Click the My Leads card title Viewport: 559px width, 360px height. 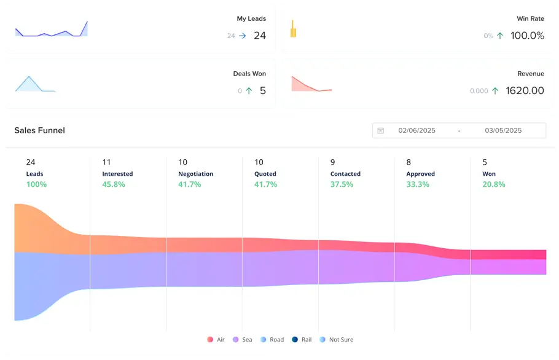pos(251,19)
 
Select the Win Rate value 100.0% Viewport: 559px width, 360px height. pos(527,36)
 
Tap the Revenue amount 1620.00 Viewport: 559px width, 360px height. pos(524,91)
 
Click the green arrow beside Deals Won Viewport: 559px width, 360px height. pos(249,91)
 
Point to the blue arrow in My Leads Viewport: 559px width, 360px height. pos(242,36)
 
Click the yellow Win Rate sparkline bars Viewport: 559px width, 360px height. pos(293,29)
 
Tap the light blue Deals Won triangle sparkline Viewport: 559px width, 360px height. pos(29,85)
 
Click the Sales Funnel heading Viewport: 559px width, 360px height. pos(39,130)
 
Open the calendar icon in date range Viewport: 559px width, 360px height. pos(381,131)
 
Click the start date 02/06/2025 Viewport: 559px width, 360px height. pos(416,131)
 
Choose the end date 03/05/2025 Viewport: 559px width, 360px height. pos(503,131)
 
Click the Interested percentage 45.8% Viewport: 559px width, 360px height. pos(114,184)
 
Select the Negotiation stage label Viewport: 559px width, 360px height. pos(195,174)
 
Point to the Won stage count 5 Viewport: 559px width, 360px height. pos(485,162)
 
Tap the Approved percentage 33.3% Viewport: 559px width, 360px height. pos(418,184)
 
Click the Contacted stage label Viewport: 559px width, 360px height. pos(345,174)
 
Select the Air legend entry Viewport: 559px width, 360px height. pos(216,340)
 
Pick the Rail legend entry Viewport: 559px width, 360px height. pos(301,340)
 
